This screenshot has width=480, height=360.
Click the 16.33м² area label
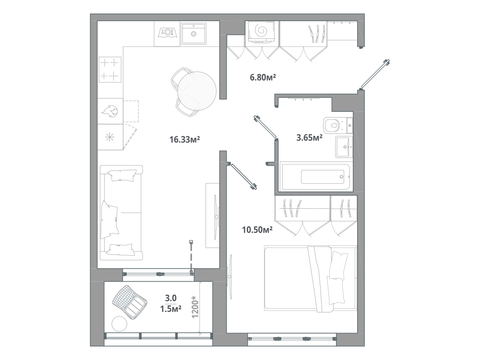(x=185, y=140)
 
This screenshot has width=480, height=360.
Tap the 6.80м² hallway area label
(x=263, y=77)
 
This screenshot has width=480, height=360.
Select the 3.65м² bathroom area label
(x=309, y=138)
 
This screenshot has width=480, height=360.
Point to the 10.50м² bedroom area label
(x=257, y=229)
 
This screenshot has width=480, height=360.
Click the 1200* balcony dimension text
(x=195, y=307)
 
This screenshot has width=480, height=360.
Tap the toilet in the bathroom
(x=338, y=125)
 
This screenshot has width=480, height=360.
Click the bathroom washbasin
(x=344, y=146)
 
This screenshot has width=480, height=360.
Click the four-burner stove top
(x=110, y=70)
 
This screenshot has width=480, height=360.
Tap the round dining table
(x=196, y=91)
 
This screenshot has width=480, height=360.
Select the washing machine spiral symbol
(x=262, y=30)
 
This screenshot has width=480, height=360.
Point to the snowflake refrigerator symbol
(x=109, y=137)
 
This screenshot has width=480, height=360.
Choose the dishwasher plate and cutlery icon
(x=168, y=32)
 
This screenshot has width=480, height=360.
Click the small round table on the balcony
(x=120, y=323)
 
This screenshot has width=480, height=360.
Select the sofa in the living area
(x=121, y=213)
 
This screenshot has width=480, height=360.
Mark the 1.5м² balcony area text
(x=171, y=309)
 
